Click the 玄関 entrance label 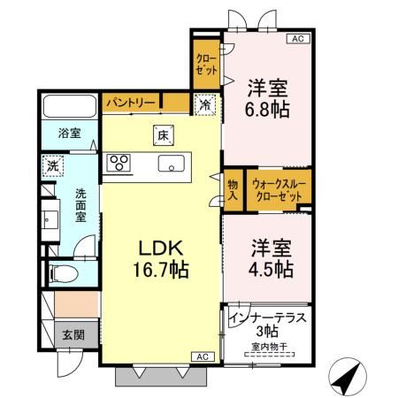[73, 335]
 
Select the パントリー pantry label [131, 103]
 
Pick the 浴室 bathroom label [69, 134]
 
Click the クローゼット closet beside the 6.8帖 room [206, 64]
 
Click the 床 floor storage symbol [163, 135]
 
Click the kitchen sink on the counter [172, 164]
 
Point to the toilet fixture [64, 274]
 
